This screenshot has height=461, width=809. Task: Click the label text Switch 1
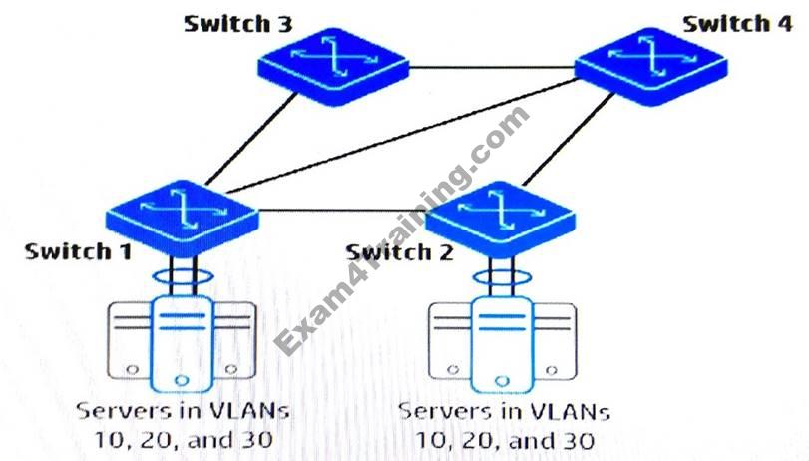coord(79,251)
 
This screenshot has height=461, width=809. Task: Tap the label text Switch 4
coord(738,23)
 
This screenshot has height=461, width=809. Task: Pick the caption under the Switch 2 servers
coord(504,424)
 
